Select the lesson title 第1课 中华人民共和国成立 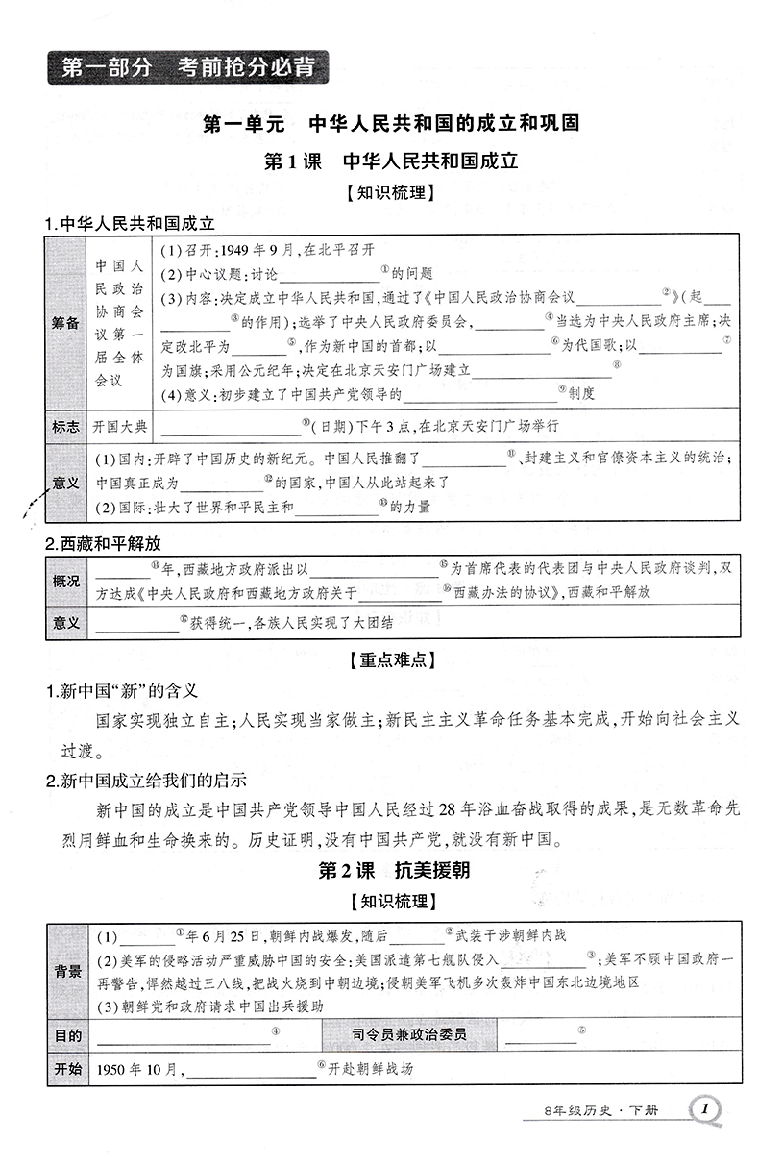tap(391, 161)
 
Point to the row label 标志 tap(66, 426)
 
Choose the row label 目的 tap(68, 1036)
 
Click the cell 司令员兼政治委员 tap(411, 1036)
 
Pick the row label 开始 tap(68, 1069)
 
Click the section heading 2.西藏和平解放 tap(103, 543)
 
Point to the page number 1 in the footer tap(706, 1110)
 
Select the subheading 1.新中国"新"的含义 tap(122, 690)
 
